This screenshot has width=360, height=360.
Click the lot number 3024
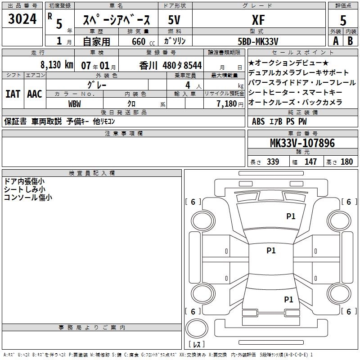pos(22,19)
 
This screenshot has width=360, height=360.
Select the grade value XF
pos(258,20)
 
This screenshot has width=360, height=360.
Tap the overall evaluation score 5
pos(343,20)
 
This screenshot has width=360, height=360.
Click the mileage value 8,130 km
pos(57,65)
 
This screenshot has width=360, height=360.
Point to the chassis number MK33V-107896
pos(302,143)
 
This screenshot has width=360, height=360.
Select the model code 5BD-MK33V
pos(258,41)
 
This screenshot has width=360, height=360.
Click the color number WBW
pos(74,104)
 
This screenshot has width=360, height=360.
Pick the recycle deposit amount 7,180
pos(227,104)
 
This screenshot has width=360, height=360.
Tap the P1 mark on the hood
pos(291,216)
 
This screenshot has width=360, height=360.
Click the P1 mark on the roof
pos(271,250)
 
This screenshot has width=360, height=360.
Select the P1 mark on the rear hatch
pos(288,299)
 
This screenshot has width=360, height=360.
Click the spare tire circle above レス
pos(197,328)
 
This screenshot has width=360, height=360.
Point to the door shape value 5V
pos(174,20)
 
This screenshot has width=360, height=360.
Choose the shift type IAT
pos(13,94)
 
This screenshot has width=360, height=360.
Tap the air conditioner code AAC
pos(35,94)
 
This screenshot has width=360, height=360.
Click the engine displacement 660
pos(139,41)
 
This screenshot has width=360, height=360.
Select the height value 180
pos(346,162)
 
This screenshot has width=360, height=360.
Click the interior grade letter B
pos(350,41)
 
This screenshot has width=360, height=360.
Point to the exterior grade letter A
pos(336,41)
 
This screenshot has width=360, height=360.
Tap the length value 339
pos(273,162)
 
